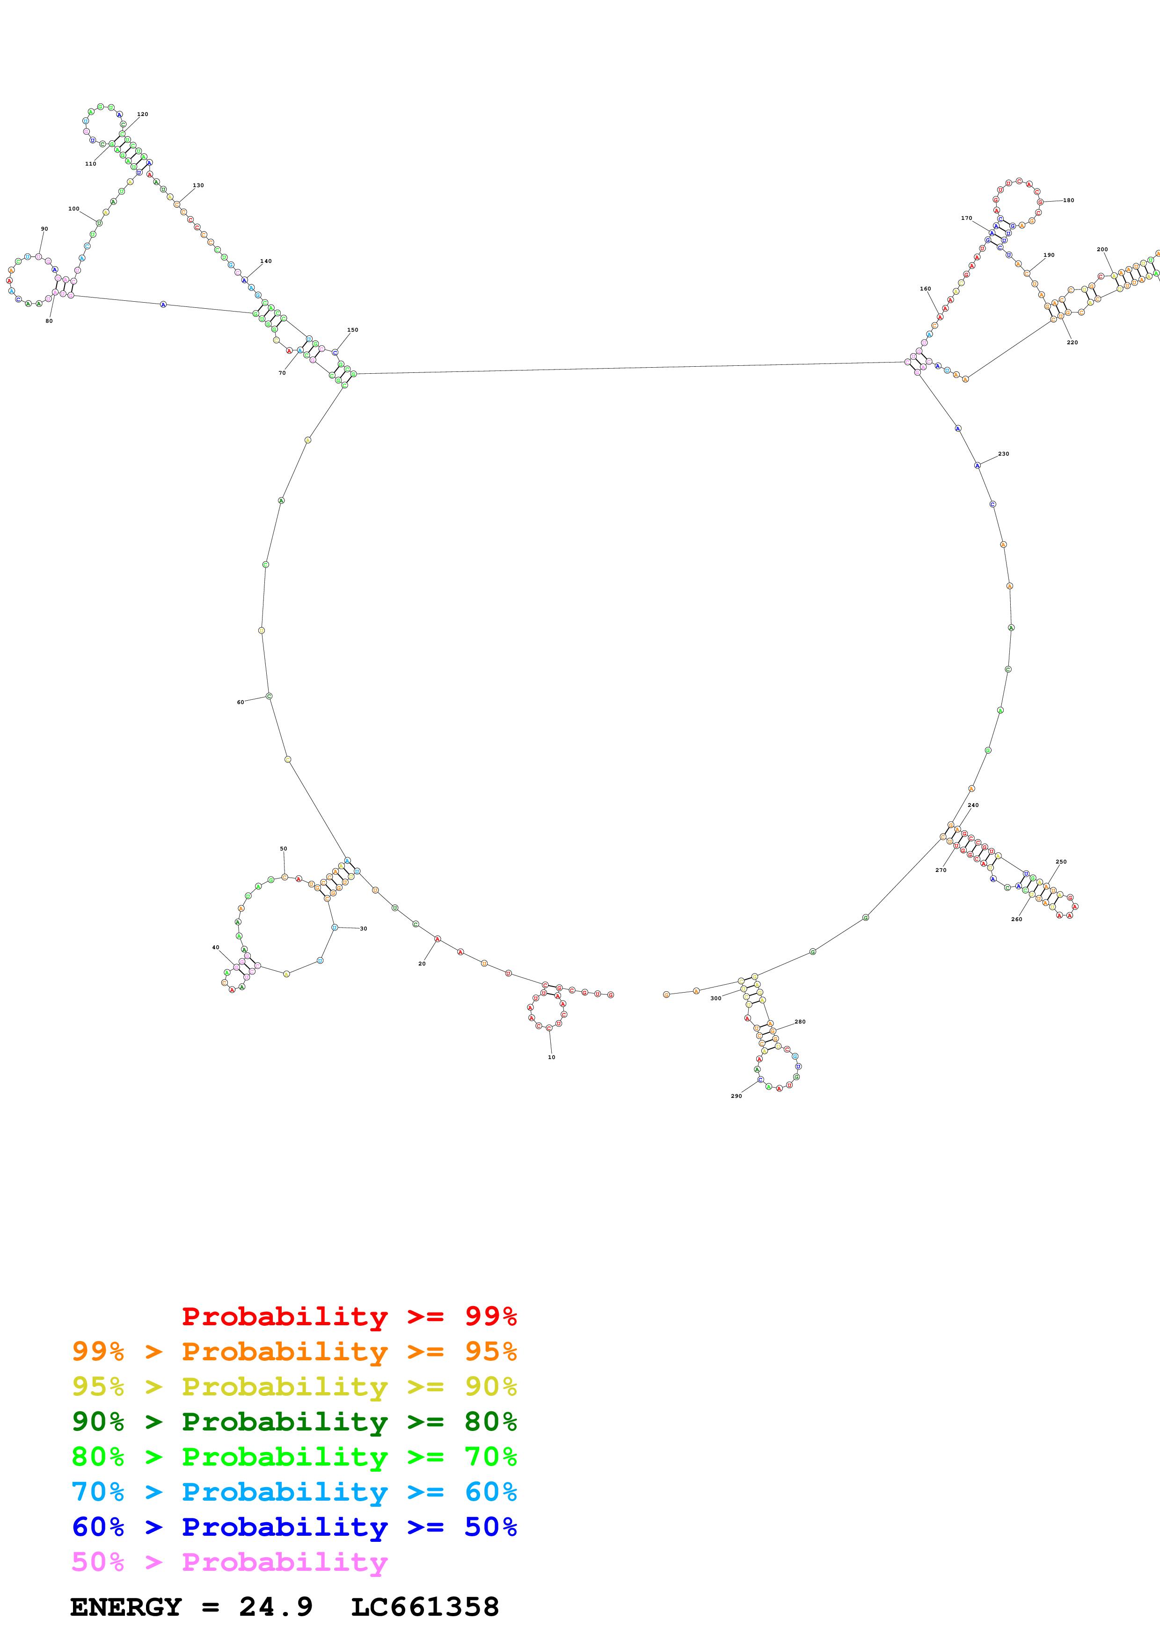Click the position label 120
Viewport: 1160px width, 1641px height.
click(x=142, y=114)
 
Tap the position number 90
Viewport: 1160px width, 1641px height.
click(x=44, y=229)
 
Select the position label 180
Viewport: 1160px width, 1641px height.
click(x=1068, y=201)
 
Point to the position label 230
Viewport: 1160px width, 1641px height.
click(x=1003, y=454)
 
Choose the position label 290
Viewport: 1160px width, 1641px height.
click(x=736, y=1096)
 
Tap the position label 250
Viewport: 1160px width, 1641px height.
click(x=1061, y=862)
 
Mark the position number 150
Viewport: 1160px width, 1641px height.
click(x=352, y=330)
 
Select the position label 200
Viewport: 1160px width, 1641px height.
click(x=1102, y=249)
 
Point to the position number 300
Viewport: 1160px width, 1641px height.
click(x=715, y=998)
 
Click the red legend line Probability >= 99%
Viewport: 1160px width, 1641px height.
click(x=349, y=1316)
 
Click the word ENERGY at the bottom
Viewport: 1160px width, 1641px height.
click(x=126, y=1607)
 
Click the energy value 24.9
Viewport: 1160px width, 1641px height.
click(x=276, y=1607)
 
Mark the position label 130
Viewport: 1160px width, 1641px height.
click(x=198, y=186)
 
